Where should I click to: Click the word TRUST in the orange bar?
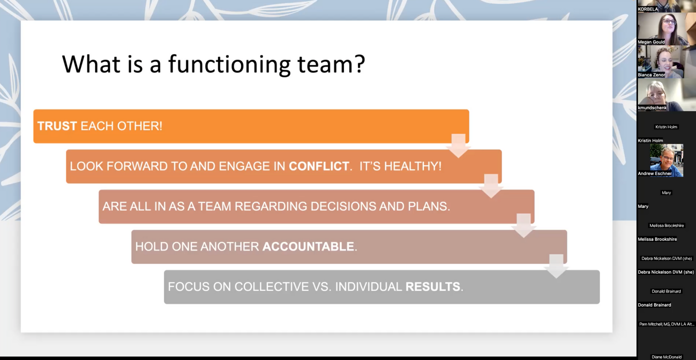[57, 126]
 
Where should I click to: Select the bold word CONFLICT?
[319, 166]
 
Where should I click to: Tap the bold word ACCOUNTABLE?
[308, 247]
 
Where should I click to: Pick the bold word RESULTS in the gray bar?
[433, 287]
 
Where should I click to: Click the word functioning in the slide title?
[229, 65]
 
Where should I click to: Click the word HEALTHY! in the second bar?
[413, 166]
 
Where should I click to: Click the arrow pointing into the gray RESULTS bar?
[556, 266]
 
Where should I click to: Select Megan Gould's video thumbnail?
[666, 29]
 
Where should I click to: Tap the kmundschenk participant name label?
[652, 108]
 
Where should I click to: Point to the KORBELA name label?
[648, 9]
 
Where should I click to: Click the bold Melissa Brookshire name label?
[657, 239]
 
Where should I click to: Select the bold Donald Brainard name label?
[654, 305]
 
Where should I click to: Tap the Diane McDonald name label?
[666, 357]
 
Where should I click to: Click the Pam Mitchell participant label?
[666, 324]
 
